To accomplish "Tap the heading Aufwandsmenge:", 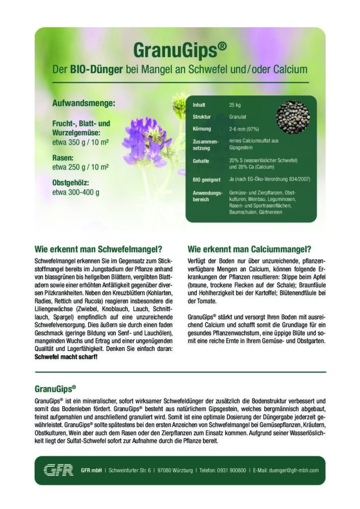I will click(x=84, y=104).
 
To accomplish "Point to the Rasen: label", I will click(x=64, y=158).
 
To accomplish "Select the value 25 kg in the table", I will click(x=235, y=105).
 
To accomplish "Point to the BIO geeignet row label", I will click(x=206, y=178).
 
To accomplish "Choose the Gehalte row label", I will click(x=201, y=161).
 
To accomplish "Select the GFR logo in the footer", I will click(x=57, y=470).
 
